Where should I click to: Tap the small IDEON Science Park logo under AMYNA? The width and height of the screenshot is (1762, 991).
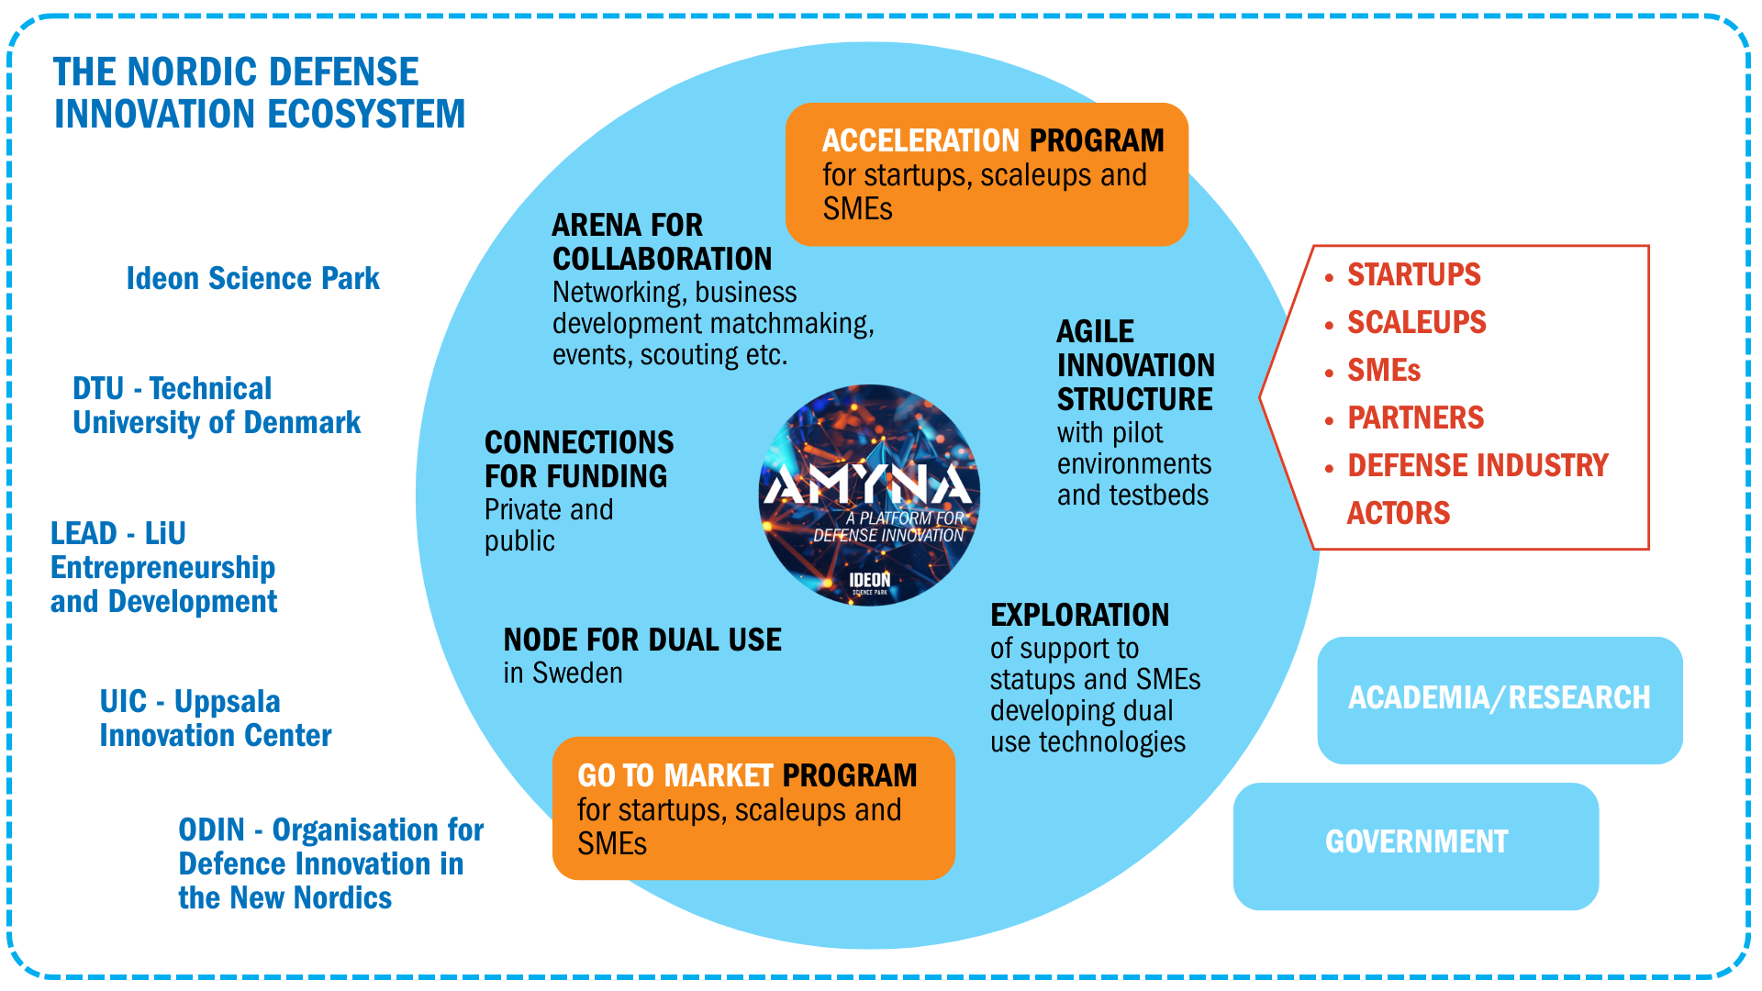869,583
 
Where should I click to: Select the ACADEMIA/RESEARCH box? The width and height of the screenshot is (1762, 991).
1499,699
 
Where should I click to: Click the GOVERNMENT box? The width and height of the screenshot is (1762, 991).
1416,843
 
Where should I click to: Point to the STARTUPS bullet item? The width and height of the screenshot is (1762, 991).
1413,275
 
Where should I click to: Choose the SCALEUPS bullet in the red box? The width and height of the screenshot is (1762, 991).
1416,323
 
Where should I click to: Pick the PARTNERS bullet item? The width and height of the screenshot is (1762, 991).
1415,418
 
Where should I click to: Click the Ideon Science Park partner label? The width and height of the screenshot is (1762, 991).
252,279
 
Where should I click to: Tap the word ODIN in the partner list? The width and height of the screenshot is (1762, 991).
211,830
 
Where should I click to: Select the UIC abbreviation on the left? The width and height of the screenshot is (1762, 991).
123,702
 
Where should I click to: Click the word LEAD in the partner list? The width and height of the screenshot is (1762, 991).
84,534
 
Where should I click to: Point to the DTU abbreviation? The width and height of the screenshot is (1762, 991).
98,389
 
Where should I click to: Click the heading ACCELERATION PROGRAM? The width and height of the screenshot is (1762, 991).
992,141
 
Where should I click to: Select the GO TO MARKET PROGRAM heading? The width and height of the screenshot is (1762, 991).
746,776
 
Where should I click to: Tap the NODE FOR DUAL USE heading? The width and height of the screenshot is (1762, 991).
642,640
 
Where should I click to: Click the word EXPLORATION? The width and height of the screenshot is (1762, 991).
1079,616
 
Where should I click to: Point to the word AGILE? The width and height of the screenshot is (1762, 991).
1095,332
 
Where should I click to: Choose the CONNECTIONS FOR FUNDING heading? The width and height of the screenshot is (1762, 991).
578,460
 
